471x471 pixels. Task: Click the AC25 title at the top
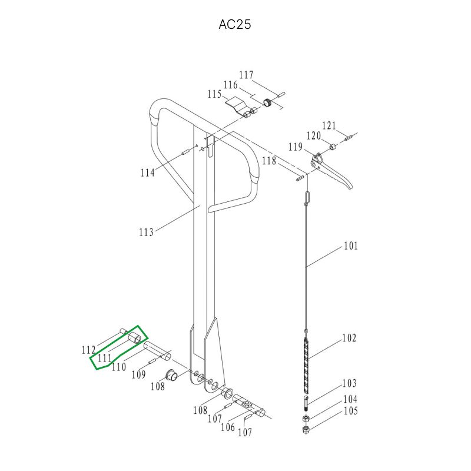234,24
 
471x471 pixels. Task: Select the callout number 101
350,246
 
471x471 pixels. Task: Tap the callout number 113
146,232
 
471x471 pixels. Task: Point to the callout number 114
148,173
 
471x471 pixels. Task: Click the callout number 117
246,75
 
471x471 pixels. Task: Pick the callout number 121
329,125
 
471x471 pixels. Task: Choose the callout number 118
269,161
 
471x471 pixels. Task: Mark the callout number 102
349,338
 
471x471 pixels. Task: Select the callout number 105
350,410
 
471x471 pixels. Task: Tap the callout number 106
228,426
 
